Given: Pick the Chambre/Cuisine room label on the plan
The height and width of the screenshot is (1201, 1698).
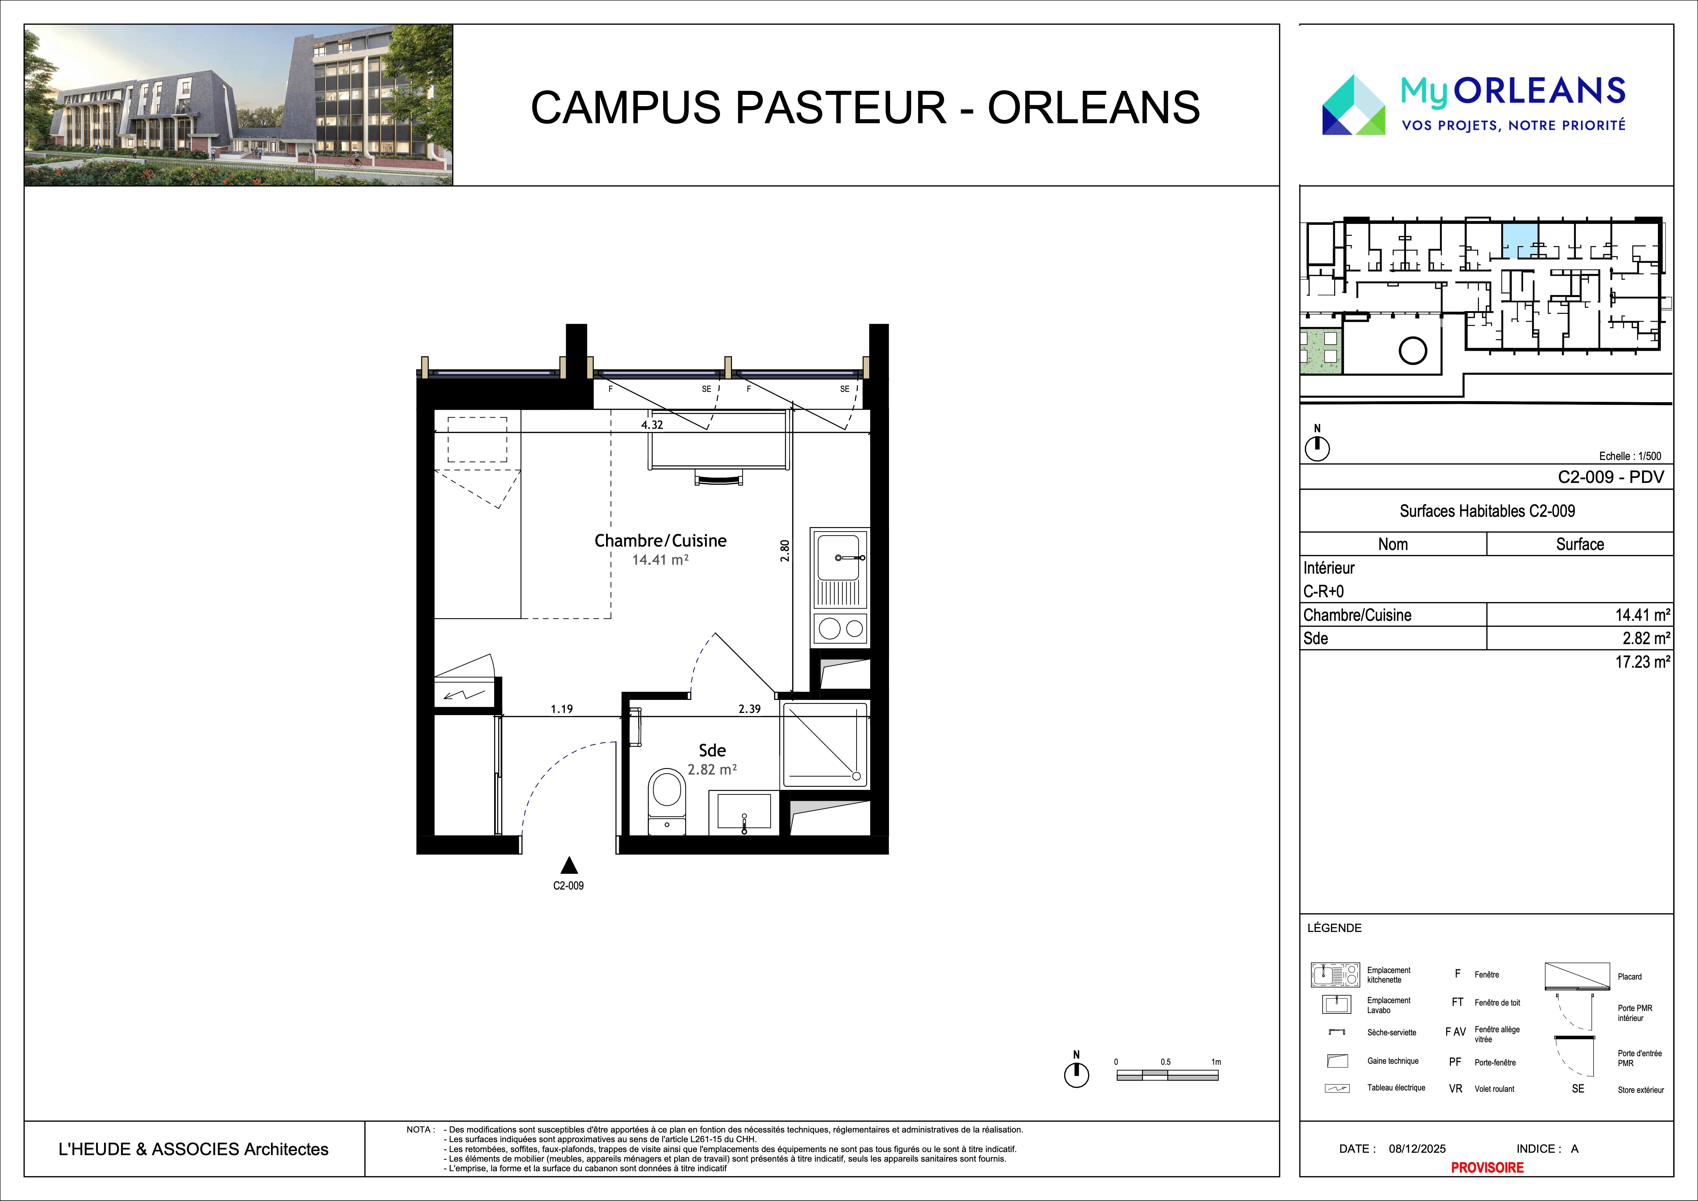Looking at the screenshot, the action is (x=660, y=540).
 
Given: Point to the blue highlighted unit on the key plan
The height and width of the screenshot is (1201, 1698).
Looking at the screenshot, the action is (x=1520, y=240).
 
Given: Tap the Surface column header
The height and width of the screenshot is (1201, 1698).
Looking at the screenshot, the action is (x=1580, y=544).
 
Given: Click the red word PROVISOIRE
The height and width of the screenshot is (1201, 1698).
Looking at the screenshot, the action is (x=1487, y=1167).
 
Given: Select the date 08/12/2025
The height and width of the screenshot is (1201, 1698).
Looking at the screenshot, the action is (x=1417, y=1149).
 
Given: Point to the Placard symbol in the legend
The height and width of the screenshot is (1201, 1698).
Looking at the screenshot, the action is (x=1577, y=976).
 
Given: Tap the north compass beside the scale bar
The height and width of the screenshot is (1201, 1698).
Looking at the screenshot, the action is (x=1077, y=1074).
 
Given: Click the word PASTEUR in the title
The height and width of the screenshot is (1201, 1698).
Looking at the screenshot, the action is (x=840, y=107).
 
